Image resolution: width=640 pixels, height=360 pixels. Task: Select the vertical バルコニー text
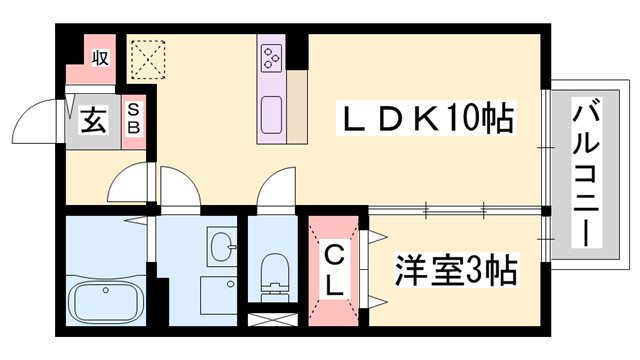584,172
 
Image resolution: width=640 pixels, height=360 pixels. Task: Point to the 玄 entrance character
93,122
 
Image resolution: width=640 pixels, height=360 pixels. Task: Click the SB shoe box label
133,121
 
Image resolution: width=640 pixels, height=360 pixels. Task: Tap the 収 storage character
101,58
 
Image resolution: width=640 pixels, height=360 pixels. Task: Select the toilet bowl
271,271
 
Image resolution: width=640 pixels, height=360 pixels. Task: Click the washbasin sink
221,244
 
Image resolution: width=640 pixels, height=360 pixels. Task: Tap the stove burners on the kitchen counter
271,58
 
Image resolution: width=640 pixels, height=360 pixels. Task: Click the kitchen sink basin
271,115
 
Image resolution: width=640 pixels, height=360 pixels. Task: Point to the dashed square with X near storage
149,59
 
